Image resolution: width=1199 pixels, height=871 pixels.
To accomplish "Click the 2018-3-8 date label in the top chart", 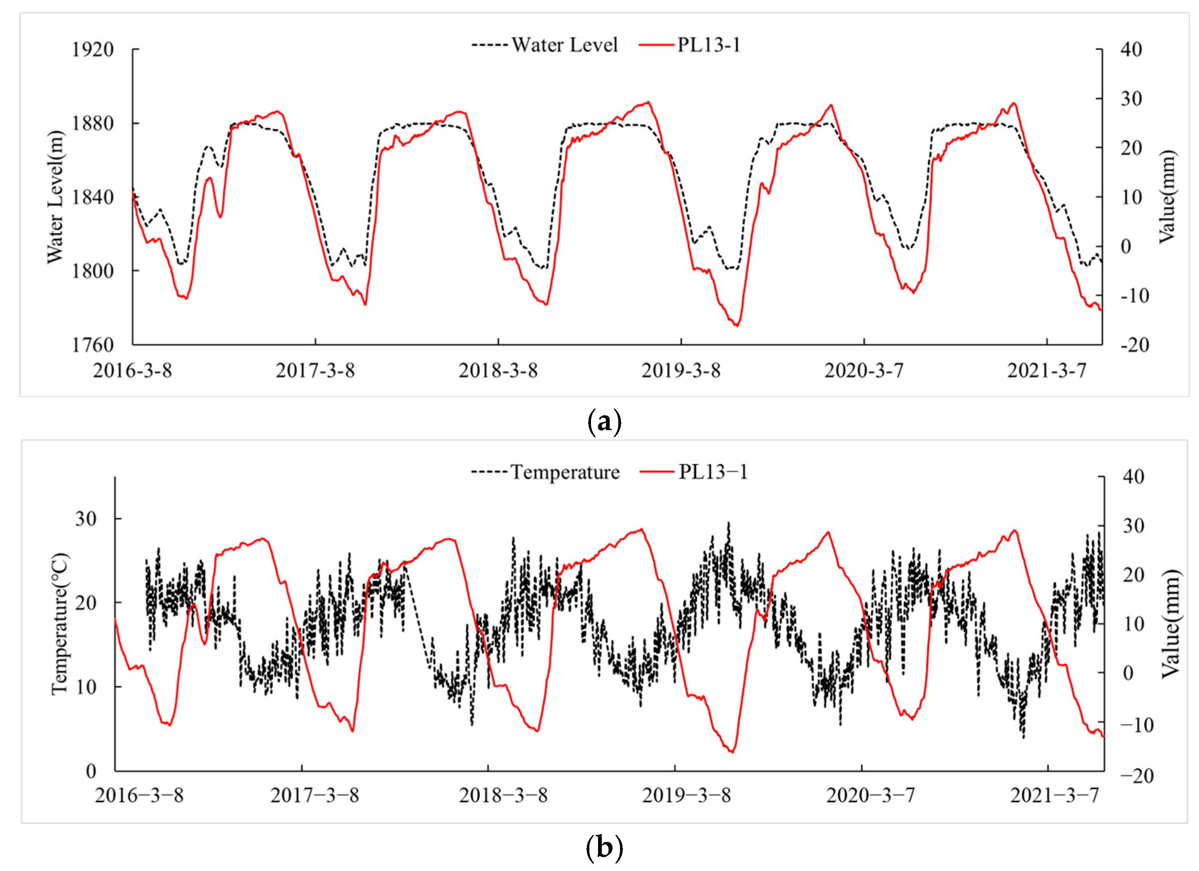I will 497,371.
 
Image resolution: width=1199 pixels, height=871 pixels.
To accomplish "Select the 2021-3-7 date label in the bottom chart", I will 1055,795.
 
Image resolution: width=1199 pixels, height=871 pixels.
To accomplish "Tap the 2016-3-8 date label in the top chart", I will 132,371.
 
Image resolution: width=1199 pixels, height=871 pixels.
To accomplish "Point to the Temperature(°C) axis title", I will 59,624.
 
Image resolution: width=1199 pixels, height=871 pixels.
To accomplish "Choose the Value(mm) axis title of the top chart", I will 1166,197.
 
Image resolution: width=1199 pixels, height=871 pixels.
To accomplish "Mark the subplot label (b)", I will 604,848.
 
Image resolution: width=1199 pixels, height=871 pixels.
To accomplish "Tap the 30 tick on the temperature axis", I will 86,519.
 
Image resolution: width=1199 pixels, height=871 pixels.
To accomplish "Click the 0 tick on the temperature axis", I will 91,771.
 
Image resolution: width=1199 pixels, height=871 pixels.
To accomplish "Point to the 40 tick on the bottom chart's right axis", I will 1132,477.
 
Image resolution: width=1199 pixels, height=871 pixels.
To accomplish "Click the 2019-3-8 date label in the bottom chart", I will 686,795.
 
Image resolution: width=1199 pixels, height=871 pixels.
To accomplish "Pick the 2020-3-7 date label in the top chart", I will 864,371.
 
